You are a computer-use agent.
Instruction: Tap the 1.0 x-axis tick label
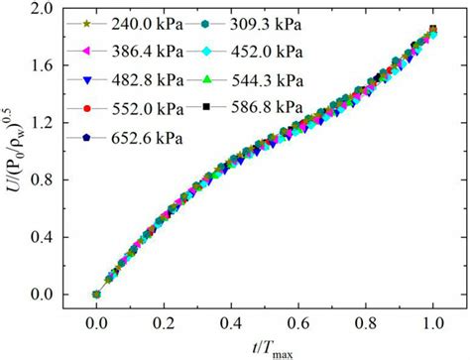[x=432, y=323]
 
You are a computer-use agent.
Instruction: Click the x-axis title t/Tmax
[x=263, y=347]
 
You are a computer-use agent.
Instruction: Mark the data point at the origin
[x=96, y=295]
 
